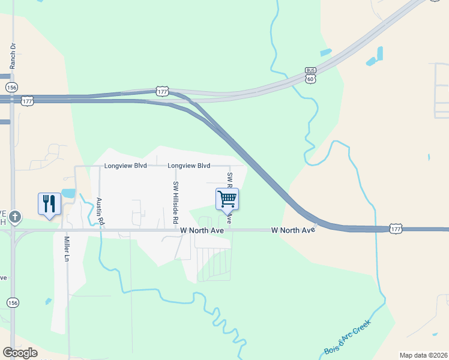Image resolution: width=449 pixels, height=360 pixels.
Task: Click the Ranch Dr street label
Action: pyautogui.click(x=11, y=55)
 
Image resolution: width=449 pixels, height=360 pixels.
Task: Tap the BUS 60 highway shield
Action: pyautogui.click(x=310, y=74)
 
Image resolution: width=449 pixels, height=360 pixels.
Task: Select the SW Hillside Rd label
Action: pyautogui.click(x=176, y=203)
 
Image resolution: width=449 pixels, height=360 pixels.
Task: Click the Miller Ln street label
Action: pyautogui.click(x=67, y=249)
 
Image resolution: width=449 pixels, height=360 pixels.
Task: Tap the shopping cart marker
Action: pyautogui.click(x=227, y=199)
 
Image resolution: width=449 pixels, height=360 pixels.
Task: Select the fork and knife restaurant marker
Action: pyautogui.click(x=49, y=203)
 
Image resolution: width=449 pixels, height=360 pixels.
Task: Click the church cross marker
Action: pyautogui.click(x=15, y=217)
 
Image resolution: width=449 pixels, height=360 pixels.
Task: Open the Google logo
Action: pyautogui.click(x=20, y=353)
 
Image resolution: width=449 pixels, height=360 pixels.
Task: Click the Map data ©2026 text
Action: pyautogui.click(x=423, y=355)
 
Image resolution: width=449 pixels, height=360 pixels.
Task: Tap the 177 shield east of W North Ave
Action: pyautogui.click(x=396, y=229)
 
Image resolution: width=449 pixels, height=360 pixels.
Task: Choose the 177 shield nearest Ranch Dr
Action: pyautogui.click(x=27, y=101)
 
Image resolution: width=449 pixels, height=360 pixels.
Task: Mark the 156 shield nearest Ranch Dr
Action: pyautogui.click(x=11, y=87)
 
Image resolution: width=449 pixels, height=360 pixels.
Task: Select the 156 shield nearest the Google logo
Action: pyautogui.click(x=11, y=302)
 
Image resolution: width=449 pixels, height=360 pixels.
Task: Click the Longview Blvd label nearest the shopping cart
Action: pyautogui.click(x=188, y=166)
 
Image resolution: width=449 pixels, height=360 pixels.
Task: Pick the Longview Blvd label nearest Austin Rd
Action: pyautogui.click(x=125, y=166)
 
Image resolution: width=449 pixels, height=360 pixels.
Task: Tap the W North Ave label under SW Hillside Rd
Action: pyautogui.click(x=201, y=230)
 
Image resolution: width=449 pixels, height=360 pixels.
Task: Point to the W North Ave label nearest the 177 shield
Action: pyautogui.click(x=293, y=230)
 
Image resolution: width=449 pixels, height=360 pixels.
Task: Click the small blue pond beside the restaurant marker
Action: pyautogui.click(x=68, y=194)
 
